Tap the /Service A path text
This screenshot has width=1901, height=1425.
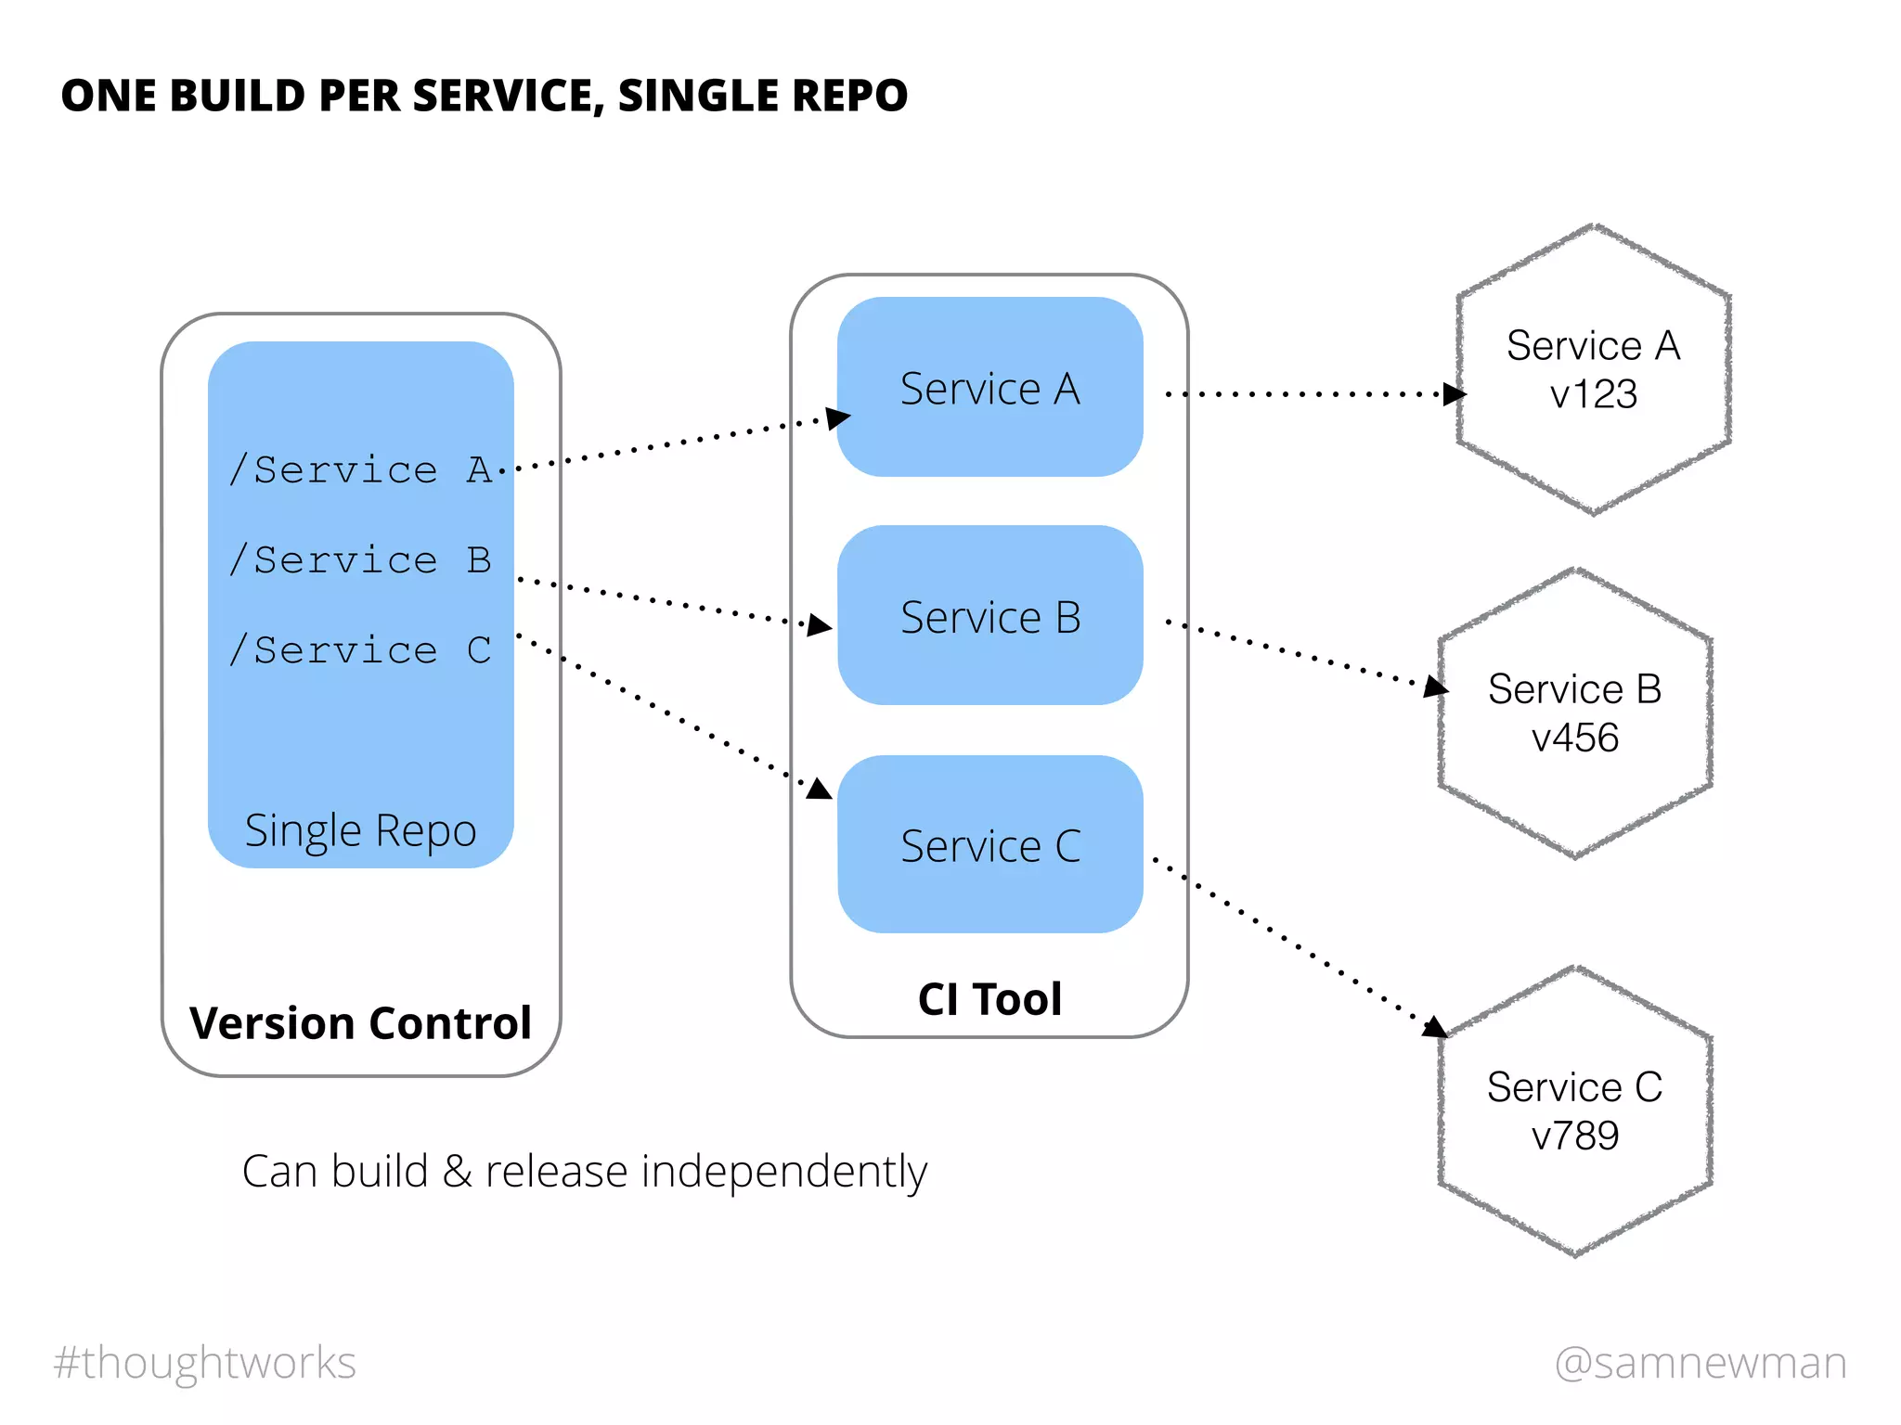pos(361,469)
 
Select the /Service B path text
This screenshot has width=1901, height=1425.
pos(361,559)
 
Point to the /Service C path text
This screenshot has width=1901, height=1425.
pos(361,649)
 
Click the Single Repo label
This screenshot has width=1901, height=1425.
pos(360,830)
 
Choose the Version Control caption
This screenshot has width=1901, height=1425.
pos(360,1023)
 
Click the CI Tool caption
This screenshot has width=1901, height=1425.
pos(989,999)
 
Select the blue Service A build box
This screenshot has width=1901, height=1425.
pos(989,388)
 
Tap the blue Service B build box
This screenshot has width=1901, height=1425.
pos(989,617)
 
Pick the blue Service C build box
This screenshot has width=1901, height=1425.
pos(989,845)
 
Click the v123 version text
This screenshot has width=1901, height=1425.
pos(1593,394)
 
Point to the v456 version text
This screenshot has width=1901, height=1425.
pos(1574,738)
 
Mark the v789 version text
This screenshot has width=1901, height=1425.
pos(1574,1136)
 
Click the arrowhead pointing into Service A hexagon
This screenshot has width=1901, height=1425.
pos(1454,394)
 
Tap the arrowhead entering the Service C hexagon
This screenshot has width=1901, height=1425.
pos(1435,1027)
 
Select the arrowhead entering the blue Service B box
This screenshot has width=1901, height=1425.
pos(819,625)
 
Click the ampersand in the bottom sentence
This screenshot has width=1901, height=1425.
pos(456,1172)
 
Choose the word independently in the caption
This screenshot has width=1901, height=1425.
pos(784,1172)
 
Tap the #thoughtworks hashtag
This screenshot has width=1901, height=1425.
pos(205,1362)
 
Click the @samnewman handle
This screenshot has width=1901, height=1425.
pos(1701,1362)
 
